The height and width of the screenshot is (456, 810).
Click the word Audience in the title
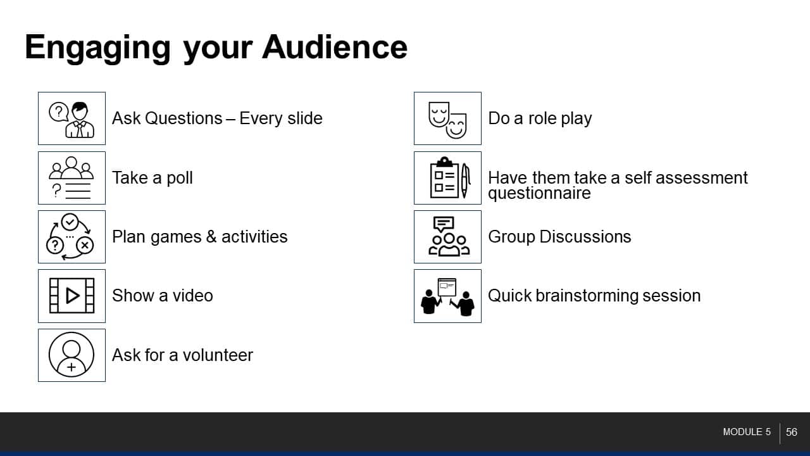(335, 47)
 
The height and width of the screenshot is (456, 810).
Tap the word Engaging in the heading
(97, 49)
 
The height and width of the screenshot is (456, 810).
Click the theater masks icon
(447, 120)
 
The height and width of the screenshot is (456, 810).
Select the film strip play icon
(72, 296)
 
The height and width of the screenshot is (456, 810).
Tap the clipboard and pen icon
(450, 178)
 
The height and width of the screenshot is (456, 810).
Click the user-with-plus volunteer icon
(72, 355)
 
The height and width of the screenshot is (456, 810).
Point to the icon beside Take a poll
(72, 178)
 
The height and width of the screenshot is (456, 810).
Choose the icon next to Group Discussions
(449, 236)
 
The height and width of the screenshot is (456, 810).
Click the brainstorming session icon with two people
(447, 296)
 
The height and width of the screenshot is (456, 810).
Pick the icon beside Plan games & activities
(70, 237)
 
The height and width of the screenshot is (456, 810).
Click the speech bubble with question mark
(59, 112)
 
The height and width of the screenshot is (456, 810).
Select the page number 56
(792, 432)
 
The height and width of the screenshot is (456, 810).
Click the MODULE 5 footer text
(747, 432)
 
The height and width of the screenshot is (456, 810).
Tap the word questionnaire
(539, 193)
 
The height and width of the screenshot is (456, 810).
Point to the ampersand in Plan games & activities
(211, 237)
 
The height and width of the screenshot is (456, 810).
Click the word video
(193, 295)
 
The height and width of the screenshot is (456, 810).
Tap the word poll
(180, 178)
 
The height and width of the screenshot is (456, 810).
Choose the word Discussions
(585, 237)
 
